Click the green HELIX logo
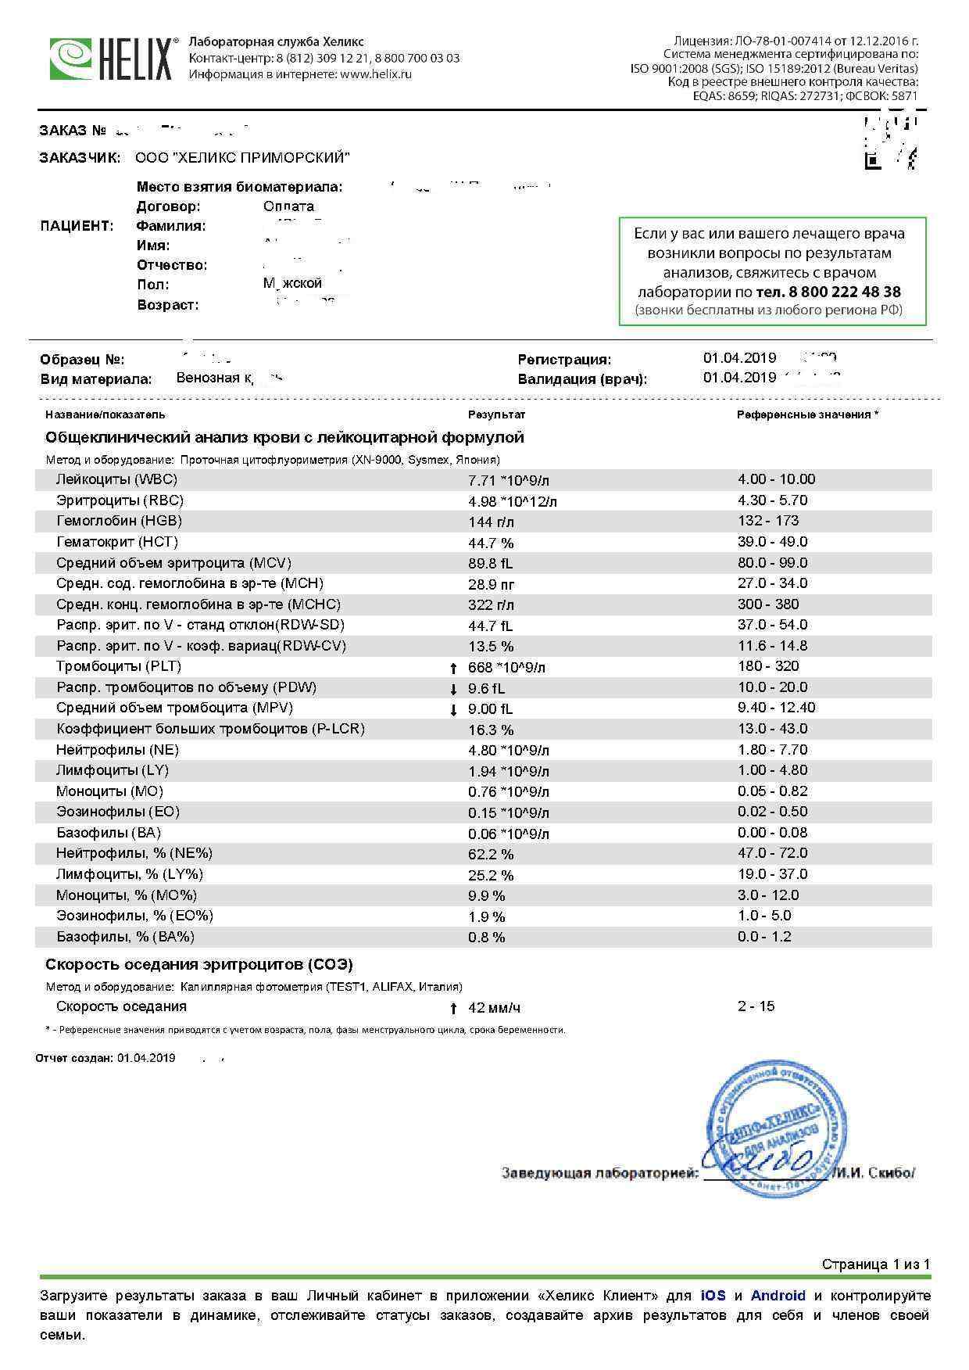(x=111, y=59)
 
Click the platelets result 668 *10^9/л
(x=506, y=667)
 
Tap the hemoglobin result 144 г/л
(x=491, y=522)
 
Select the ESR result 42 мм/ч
(x=494, y=1007)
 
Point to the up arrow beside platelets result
(x=453, y=668)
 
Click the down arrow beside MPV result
(x=453, y=709)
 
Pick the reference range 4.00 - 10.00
(x=776, y=479)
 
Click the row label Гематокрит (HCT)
(x=117, y=542)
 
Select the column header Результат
(x=496, y=414)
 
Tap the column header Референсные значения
(x=806, y=414)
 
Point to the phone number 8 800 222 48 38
(x=828, y=292)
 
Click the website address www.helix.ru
(x=376, y=74)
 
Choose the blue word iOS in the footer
(x=713, y=1296)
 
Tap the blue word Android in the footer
(x=778, y=1296)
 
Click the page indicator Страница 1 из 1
(x=875, y=1264)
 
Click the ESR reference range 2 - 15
(x=756, y=1006)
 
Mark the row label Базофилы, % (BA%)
(x=125, y=937)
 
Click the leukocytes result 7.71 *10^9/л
(x=513, y=480)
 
